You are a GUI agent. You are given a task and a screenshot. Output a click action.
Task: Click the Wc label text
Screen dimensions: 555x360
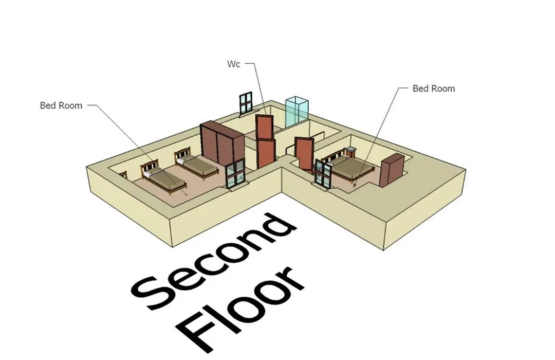233,64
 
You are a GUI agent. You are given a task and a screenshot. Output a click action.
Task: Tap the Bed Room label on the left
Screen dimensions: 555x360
61,105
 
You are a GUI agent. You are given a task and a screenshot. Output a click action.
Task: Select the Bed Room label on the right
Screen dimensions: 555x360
434,88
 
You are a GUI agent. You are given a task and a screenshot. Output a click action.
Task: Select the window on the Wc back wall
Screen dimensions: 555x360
245,103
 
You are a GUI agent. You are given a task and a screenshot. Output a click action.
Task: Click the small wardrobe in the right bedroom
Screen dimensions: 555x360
392,170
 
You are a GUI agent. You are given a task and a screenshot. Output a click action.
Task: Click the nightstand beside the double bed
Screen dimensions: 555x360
351,152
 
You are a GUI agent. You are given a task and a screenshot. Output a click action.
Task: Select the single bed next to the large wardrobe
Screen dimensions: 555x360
196,164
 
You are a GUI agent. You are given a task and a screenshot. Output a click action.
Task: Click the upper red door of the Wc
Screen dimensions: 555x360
264,127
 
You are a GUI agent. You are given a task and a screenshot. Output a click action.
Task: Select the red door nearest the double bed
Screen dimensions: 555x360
305,153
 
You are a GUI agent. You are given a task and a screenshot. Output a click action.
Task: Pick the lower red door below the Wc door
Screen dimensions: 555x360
266,153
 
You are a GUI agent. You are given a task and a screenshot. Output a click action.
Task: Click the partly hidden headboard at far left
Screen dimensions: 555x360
123,175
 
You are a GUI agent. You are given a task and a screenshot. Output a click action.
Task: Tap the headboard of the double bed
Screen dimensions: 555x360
336,155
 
